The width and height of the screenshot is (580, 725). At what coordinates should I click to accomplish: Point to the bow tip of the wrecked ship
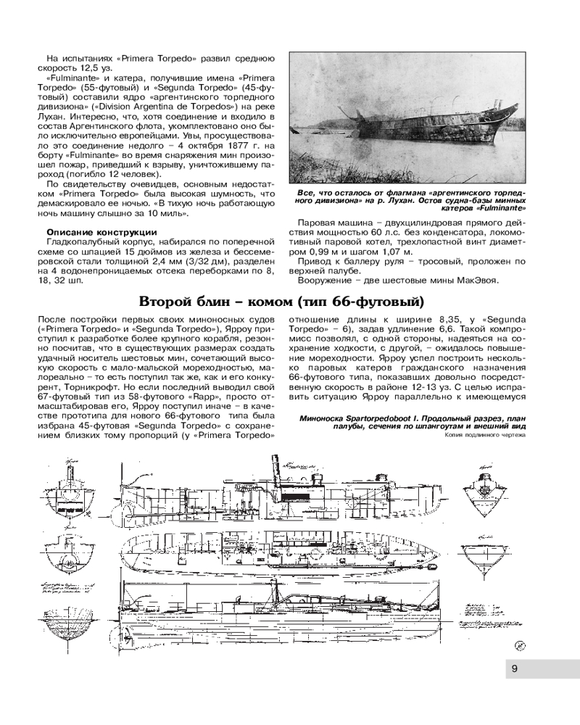(520, 123)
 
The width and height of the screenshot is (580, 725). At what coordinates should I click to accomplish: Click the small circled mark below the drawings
(520, 644)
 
